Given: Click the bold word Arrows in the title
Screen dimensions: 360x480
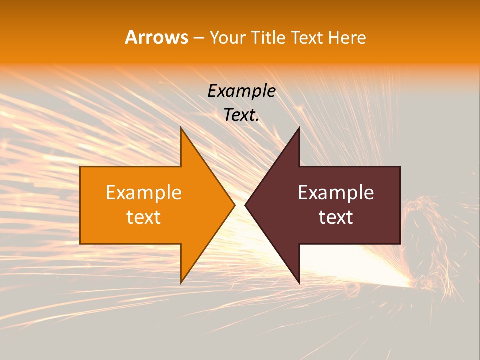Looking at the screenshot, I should coord(156,37).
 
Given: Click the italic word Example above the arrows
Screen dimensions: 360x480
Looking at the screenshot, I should coord(241,91).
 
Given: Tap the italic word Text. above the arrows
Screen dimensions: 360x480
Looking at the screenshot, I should coord(241,115).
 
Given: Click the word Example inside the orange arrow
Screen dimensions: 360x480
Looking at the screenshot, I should coord(143,192).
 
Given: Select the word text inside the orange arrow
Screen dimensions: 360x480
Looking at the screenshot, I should coord(143,217).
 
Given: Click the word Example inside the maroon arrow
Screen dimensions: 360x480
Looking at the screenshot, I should coord(336,192).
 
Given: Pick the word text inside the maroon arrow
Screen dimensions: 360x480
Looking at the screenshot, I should coord(336,217).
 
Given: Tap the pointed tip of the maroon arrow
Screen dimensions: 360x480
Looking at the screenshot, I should coord(246,205).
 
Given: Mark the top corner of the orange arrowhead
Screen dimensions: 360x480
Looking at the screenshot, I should coord(181,128).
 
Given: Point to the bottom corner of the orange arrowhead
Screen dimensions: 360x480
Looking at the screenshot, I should coord(181,282).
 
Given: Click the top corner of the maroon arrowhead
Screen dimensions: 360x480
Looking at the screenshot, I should coord(299,128).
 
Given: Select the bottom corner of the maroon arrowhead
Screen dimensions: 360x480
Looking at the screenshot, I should coord(299,282).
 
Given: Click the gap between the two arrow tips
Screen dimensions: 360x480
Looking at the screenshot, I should coord(240,205).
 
